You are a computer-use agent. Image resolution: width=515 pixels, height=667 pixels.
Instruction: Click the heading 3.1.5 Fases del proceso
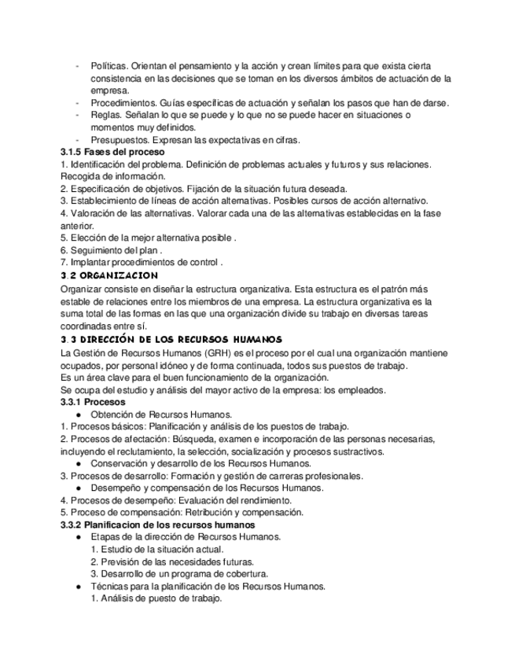(112, 151)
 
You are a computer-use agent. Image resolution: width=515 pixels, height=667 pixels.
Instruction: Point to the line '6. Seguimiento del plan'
(111, 250)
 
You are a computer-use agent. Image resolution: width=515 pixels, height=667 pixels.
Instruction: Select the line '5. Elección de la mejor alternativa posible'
(149, 238)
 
